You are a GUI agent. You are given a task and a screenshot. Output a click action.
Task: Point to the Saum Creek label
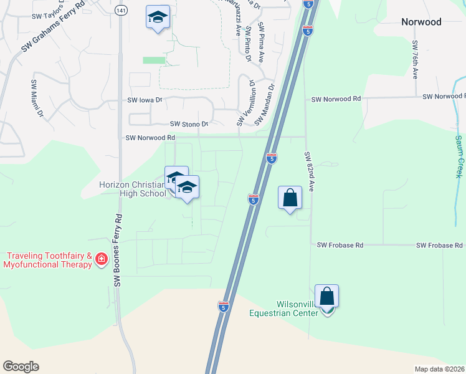[x=459, y=154]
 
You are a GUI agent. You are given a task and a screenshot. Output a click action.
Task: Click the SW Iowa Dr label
[x=145, y=100]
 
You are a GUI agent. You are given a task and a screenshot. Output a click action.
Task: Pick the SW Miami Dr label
[x=37, y=98]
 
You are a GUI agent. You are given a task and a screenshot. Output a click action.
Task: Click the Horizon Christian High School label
[x=133, y=188]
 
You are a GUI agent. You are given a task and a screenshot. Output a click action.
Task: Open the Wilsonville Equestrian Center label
[x=283, y=308]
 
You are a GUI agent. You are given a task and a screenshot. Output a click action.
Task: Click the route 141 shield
[x=120, y=11]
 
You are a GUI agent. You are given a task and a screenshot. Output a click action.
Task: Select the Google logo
[x=21, y=367]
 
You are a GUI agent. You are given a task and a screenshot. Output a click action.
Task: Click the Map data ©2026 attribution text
[x=440, y=369]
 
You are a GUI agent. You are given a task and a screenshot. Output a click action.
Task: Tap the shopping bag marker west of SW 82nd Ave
[x=290, y=198]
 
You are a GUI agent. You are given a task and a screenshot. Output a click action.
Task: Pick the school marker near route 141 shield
[x=158, y=18]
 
